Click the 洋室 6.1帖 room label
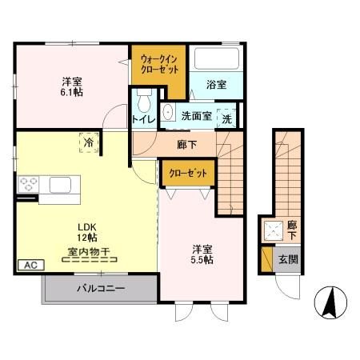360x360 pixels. (73, 86)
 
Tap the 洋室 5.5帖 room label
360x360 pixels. (202, 254)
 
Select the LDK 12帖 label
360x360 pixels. (87, 232)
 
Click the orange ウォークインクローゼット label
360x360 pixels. (158, 64)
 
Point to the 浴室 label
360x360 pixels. (216, 84)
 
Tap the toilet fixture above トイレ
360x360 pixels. (144, 102)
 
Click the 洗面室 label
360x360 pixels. (195, 115)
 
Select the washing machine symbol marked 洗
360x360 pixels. (226, 117)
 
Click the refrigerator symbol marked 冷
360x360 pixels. (86, 142)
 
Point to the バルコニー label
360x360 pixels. (100, 288)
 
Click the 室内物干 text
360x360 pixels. (88, 250)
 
